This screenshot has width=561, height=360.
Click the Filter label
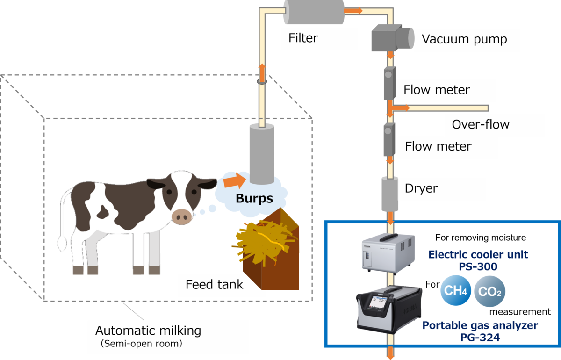pos(303,38)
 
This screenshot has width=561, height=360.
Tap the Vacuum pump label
pos(464,39)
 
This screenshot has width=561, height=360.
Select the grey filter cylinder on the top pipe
pos(313,12)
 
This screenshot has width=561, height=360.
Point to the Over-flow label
pos(481,125)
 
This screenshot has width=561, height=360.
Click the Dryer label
pos(421,188)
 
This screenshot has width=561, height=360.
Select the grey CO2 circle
pos(489,292)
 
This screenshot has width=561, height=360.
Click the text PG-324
pos(480,337)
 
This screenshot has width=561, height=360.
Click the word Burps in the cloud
pos(254,198)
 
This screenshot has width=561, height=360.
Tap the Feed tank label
pos(214,284)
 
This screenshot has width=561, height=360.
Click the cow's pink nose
pos(182,216)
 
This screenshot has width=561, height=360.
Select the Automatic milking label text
pos(148,331)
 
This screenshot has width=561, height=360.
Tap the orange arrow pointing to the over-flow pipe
pos(400,108)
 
